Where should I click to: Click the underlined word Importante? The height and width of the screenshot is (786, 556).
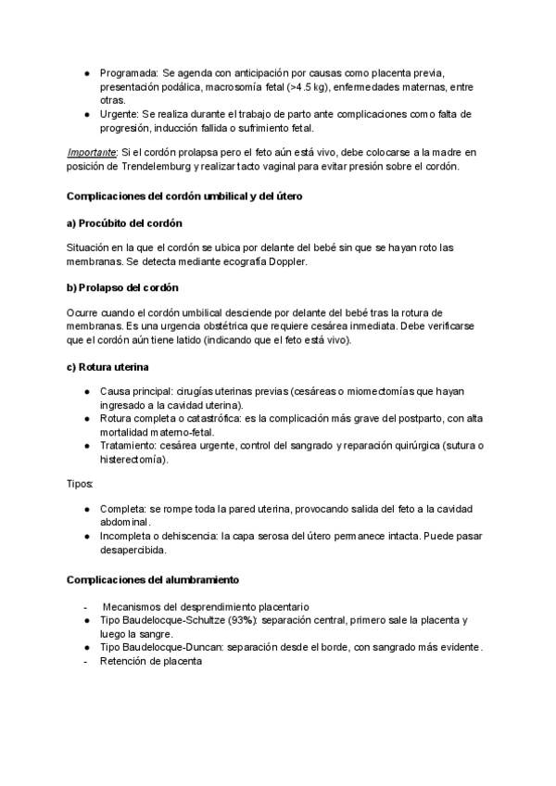point(92,152)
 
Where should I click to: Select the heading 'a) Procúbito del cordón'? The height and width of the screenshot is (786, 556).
point(125,223)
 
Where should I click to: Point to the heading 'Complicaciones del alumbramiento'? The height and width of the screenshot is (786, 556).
point(154,580)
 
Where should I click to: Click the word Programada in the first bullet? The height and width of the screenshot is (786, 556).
point(129,72)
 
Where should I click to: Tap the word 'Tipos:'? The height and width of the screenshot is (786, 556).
point(81,484)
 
